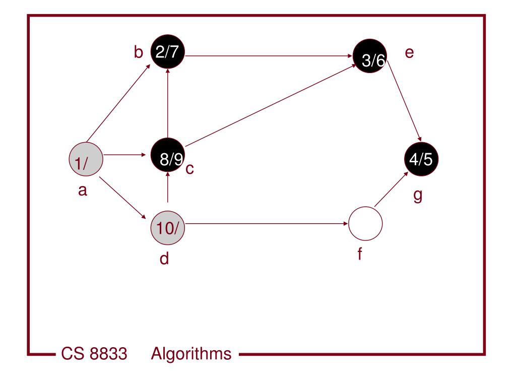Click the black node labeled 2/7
point(168,52)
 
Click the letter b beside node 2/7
point(139,52)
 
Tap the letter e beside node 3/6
point(409,52)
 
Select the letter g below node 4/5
point(417,195)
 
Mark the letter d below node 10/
point(164,259)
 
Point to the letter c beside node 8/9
point(189,169)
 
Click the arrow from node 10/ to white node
point(267,223)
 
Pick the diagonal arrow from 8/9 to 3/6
point(270,106)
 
